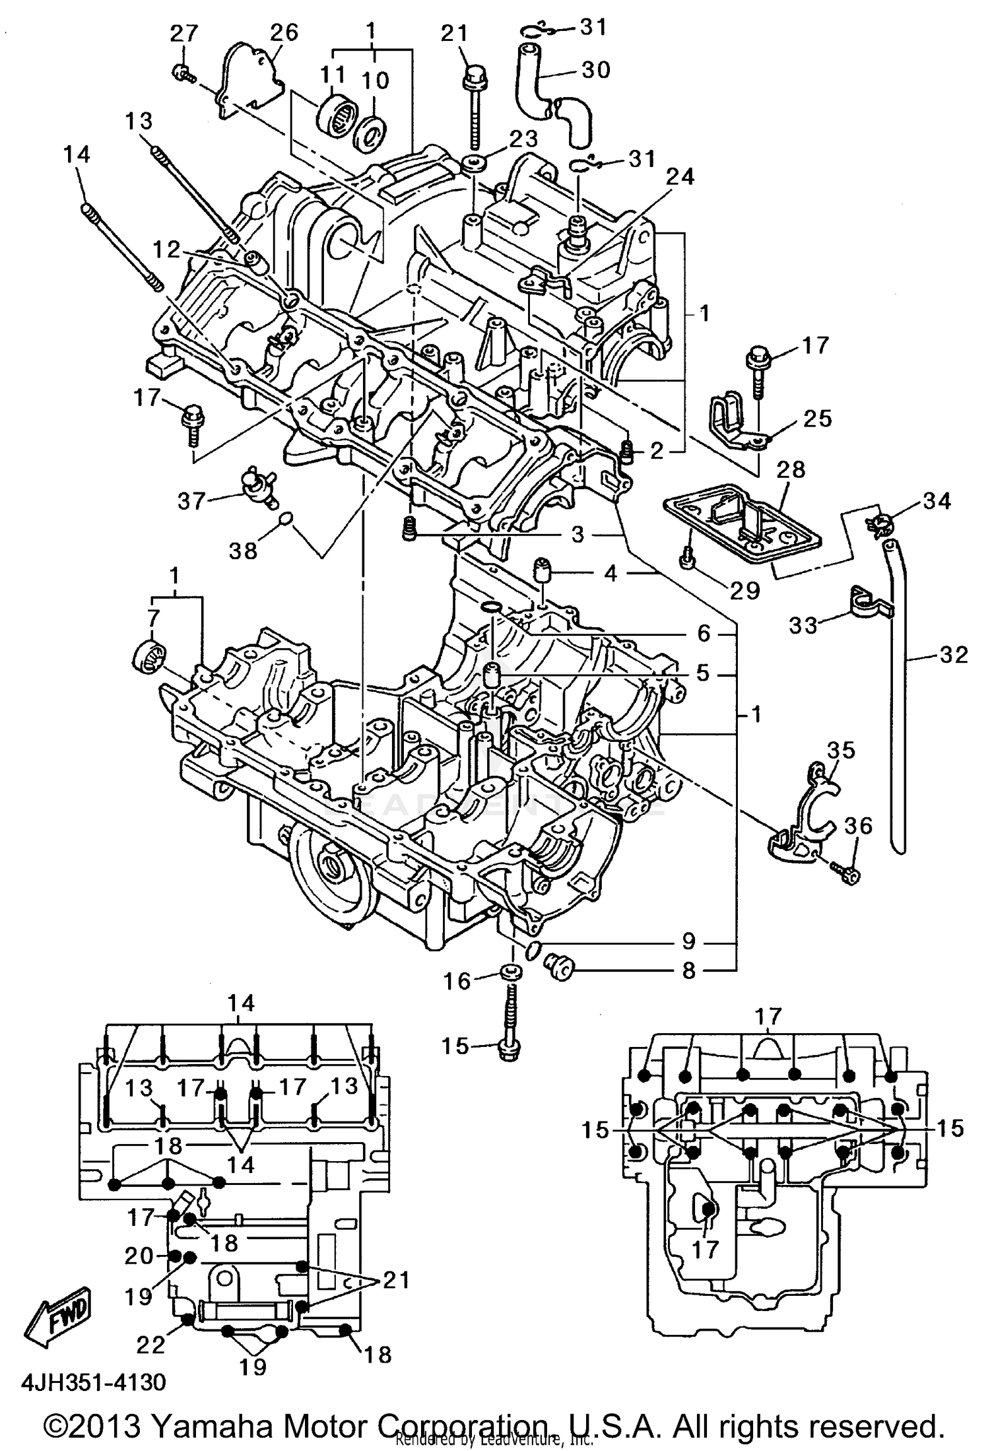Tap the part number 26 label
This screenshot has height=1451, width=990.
(x=284, y=32)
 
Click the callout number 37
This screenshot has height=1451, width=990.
(x=191, y=501)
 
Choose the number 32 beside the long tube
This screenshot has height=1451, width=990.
(x=952, y=654)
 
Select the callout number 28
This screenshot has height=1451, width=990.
(x=791, y=469)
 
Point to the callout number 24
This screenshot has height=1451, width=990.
(x=680, y=177)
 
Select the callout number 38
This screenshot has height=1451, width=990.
(x=242, y=549)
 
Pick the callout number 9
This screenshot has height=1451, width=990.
(x=688, y=940)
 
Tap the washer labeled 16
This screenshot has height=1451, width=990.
(x=511, y=971)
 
